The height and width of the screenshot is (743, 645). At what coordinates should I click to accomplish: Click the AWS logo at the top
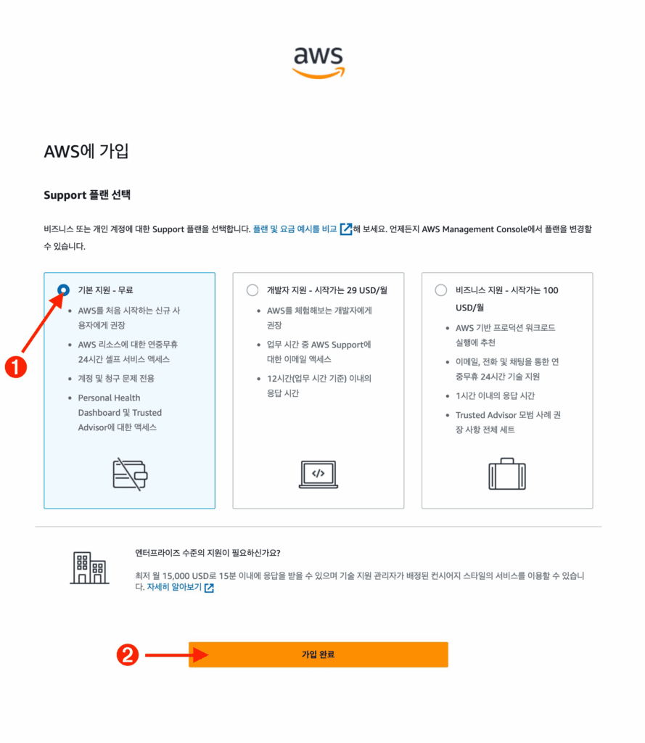(319, 62)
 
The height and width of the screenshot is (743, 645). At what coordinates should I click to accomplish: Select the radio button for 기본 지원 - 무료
(64, 290)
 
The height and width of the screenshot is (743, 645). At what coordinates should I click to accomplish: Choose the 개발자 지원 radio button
(252, 290)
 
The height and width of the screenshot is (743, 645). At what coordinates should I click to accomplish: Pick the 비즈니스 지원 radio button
(441, 290)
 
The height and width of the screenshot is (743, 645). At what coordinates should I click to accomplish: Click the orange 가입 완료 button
(319, 654)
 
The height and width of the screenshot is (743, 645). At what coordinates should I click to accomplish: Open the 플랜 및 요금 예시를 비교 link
(295, 229)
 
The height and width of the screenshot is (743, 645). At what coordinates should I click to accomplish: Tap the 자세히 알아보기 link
(174, 587)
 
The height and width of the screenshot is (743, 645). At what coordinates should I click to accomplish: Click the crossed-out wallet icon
(130, 475)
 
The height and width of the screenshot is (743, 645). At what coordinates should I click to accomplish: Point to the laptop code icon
(319, 474)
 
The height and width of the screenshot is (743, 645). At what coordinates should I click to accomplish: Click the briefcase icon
(507, 474)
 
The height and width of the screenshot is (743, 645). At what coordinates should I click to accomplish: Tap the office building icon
(89, 567)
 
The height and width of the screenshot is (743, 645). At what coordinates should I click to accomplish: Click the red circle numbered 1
(16, 367)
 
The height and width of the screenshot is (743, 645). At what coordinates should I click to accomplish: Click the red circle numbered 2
(128, 655)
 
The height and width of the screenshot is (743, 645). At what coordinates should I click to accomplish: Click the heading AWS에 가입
(86, 152)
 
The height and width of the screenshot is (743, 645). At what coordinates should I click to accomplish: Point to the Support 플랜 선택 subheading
(87, 194)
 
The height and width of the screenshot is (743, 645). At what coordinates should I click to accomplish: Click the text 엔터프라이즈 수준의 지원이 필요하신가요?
(208, 553)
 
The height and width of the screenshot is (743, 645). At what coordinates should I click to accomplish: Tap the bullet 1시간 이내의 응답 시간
(496, 395)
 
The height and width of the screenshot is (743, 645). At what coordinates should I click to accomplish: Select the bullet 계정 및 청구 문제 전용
(116, 378)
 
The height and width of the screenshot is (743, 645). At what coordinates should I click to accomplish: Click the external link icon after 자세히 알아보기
(209, 588)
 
